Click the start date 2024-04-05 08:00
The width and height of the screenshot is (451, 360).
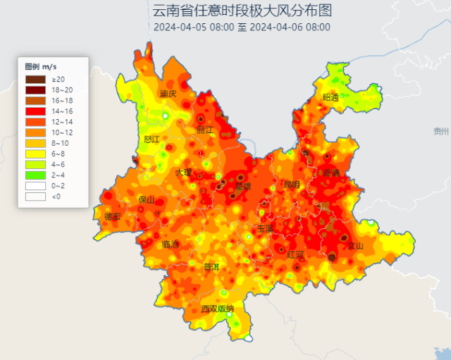193,27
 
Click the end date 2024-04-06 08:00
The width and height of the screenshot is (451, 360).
290,27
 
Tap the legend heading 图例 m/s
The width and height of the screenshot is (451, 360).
41,66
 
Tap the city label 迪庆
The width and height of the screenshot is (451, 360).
168,94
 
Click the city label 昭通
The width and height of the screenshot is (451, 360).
330,97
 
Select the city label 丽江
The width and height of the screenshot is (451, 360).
205,130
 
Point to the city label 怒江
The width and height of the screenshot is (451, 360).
151,139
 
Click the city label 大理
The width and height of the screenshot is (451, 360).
184,172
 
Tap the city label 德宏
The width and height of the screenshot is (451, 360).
112,216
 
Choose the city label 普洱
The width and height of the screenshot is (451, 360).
211,266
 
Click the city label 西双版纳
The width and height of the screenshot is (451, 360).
216,309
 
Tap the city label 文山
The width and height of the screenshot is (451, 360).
356,246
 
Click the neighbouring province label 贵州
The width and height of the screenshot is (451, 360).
441,131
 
